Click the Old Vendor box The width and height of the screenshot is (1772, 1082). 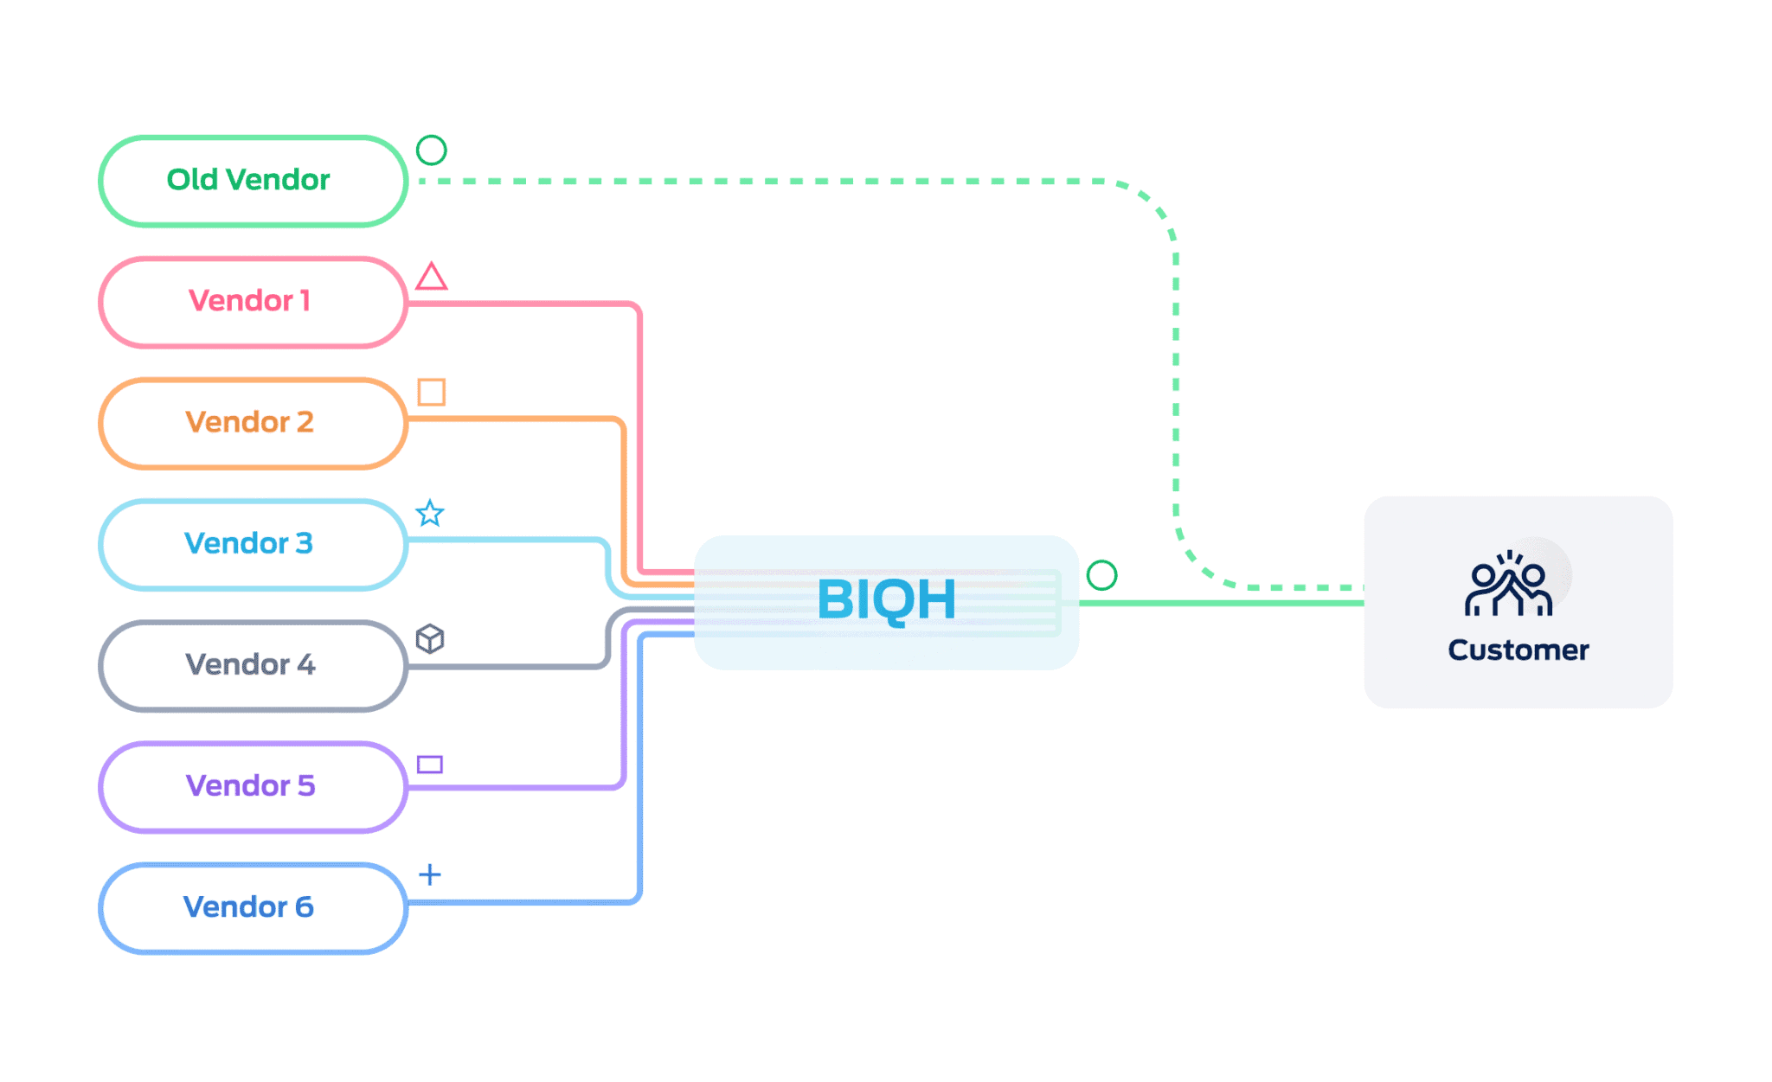click(x=252, y=181)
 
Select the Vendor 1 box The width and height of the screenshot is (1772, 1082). click(x=252, y=302)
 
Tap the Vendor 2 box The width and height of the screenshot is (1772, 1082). click(x=252, y=423)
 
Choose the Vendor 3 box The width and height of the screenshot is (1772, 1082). click(x=252, y=544)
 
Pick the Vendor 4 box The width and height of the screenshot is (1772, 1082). click(x=252, y=665)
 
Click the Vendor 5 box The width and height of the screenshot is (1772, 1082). click(x=252, y=786)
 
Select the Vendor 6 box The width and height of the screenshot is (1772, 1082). click(x=252, y=907)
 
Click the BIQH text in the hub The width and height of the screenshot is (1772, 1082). click(x=887, y=600)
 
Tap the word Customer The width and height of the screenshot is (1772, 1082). click(x=1518, y=650)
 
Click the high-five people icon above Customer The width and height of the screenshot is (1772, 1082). click(x=1508, y=585)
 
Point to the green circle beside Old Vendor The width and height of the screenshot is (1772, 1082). click(x=431, y=150)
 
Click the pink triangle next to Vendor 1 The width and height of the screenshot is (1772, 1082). click(x=431, y=278)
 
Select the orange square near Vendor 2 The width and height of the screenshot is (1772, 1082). click(x=431, y=392)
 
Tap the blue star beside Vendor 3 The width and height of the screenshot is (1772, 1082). click(x=430, y=514)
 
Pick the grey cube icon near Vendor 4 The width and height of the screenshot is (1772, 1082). click(x=430, y=639)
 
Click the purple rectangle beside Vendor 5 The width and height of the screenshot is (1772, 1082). click(x=430, y=765)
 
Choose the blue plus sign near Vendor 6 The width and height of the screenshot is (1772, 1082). click(x=430, y=874)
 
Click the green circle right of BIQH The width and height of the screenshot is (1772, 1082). click(x=1101, y=575)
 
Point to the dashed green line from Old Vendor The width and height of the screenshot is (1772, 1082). click(x=779, y=182)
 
